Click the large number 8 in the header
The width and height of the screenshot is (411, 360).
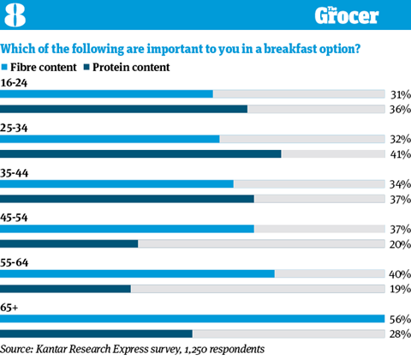(15, 15)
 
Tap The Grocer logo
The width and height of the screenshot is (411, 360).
(347, 15)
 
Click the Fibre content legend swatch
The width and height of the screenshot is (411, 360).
(4, 67)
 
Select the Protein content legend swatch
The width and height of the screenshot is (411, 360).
(86, 67)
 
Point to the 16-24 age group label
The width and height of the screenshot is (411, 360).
(14, 83)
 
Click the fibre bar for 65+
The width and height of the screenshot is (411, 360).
(193, 319)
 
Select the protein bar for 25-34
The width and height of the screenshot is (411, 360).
(140, 154)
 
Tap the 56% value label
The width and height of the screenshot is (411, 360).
(400, 319)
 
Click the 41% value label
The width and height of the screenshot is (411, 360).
(401, 154)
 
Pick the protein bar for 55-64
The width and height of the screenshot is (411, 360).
(65, 289)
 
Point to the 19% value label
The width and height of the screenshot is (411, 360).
(401, 289)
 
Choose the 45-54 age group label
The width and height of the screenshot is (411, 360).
(14, 218)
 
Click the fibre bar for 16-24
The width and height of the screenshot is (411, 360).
(106, 94)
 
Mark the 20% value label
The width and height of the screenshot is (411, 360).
(400, 244)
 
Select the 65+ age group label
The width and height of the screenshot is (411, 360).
(9, 308)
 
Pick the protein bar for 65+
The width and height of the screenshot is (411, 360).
(96, 333)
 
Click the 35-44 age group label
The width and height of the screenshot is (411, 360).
(15, 173)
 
